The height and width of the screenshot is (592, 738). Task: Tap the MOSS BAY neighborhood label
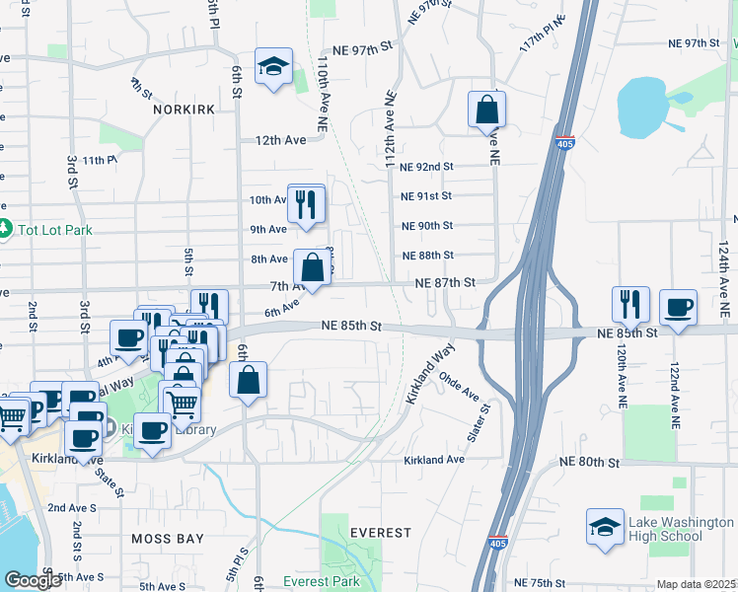168,539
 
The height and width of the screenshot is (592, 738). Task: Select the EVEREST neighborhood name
380,533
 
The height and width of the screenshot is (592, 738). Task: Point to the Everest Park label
322,581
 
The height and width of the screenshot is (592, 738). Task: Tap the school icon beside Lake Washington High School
604,527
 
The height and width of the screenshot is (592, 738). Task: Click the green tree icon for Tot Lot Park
5,229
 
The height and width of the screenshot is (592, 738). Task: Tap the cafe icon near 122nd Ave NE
677,307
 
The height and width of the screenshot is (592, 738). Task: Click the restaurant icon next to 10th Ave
306,203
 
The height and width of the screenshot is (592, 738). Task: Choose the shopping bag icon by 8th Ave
312,267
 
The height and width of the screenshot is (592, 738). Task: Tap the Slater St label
484,421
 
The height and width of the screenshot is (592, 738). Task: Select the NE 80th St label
588,462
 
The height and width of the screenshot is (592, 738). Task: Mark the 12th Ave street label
281,140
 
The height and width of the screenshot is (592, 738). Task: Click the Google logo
33,581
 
